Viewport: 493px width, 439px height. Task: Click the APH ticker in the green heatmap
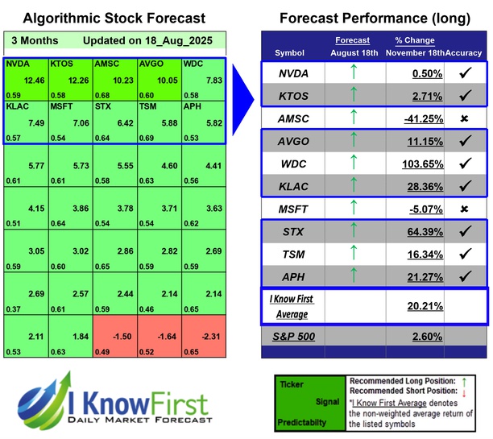(193, 106)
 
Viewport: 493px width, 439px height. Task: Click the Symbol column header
(290, 52)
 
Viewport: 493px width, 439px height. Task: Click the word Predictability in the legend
(304, 420)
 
